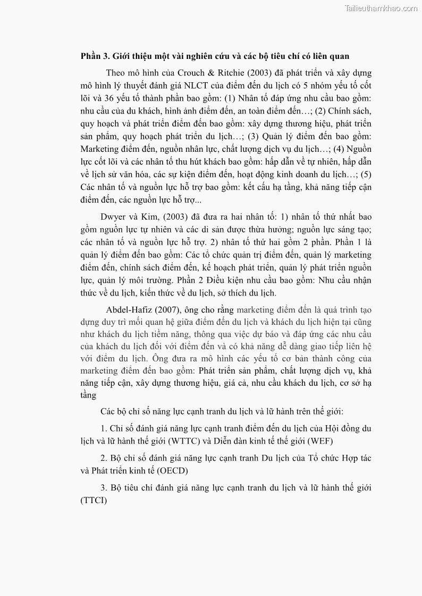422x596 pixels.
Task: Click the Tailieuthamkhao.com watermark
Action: (x=381, y=8)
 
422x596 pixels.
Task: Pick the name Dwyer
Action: (x=112, y=217)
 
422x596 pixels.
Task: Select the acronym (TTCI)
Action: (x=94, y=500)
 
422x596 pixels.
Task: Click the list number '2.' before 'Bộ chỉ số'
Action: (x=104, y=457)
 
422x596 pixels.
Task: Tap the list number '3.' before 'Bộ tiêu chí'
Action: (x=104, y=487)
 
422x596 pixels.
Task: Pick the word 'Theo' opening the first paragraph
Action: (x=115, y=73)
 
